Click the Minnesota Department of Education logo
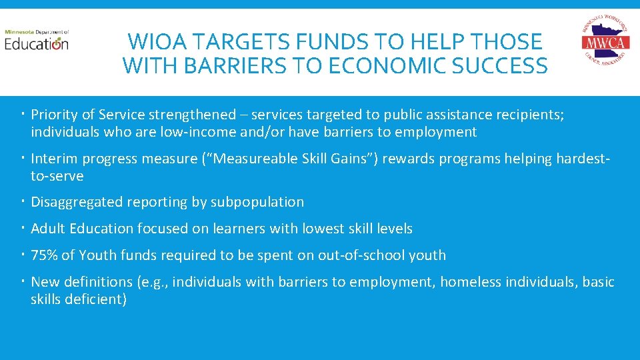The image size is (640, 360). [37, 41]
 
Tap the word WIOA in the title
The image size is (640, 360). [158, 42]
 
